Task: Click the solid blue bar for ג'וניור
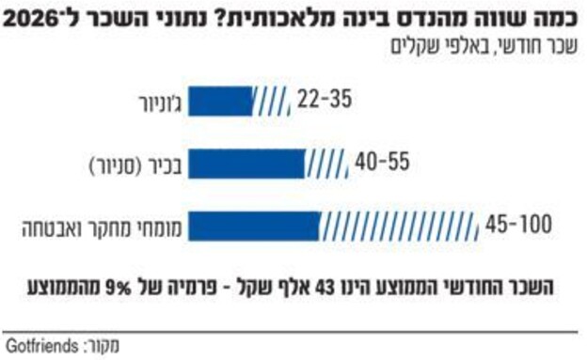pos(224,100)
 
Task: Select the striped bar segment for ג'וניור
pos(273,100)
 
